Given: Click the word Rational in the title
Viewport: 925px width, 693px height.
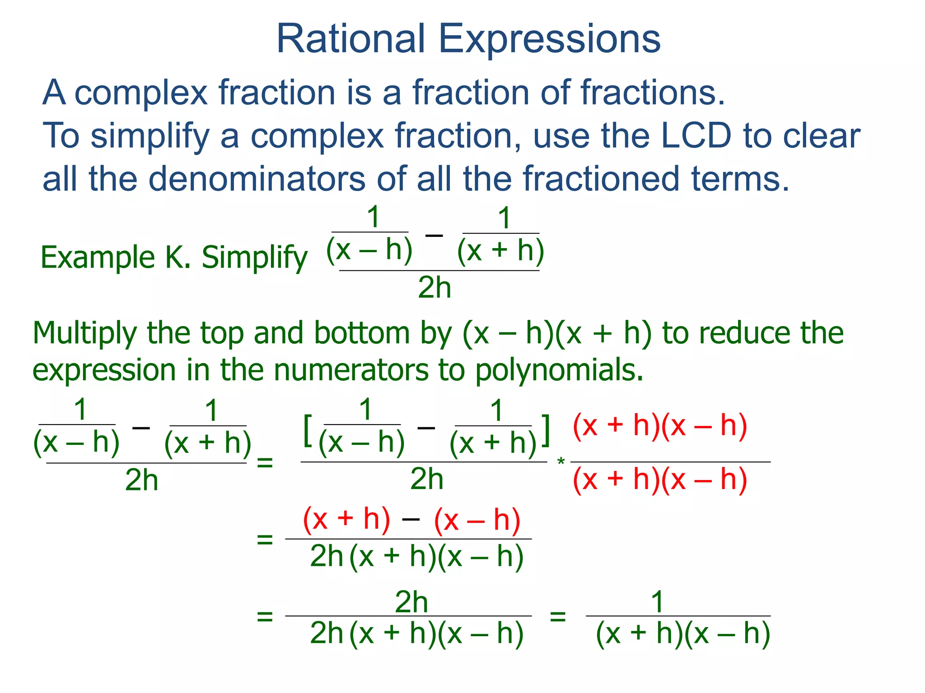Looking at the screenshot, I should click(350, 39).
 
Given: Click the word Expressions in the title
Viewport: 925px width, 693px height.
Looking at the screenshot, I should click(549, 40).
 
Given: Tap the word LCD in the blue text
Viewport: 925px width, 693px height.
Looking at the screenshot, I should click(696, 135).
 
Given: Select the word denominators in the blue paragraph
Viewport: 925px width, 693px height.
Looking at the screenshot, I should click(257, 179).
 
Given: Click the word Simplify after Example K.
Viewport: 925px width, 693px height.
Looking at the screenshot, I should click(254, 258).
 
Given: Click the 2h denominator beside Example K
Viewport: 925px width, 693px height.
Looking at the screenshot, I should click(434, 287).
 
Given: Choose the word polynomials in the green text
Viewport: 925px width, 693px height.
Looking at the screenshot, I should click(558, 370).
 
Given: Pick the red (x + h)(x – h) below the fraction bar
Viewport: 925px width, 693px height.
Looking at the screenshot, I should click(660, 479).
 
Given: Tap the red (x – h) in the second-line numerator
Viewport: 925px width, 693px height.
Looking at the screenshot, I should click(477, 521).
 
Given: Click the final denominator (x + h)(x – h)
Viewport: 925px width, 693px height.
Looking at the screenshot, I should click(682, 633).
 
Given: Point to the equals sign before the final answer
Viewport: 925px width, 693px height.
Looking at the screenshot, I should click(558, 616).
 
